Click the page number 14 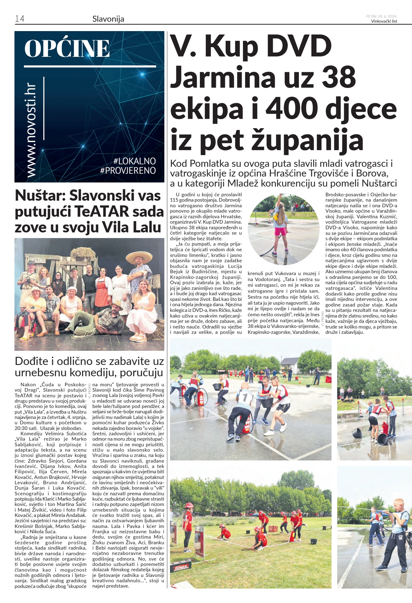click(x=19, y=19)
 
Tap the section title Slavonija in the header click(x=108, y=19)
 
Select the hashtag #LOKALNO click(x=135, y=161)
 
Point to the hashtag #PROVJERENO click(x=128, y=171)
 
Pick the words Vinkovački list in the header click(x=384, y=21)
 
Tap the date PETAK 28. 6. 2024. click(x=382, y=16)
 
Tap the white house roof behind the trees click(x=289, y=361)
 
